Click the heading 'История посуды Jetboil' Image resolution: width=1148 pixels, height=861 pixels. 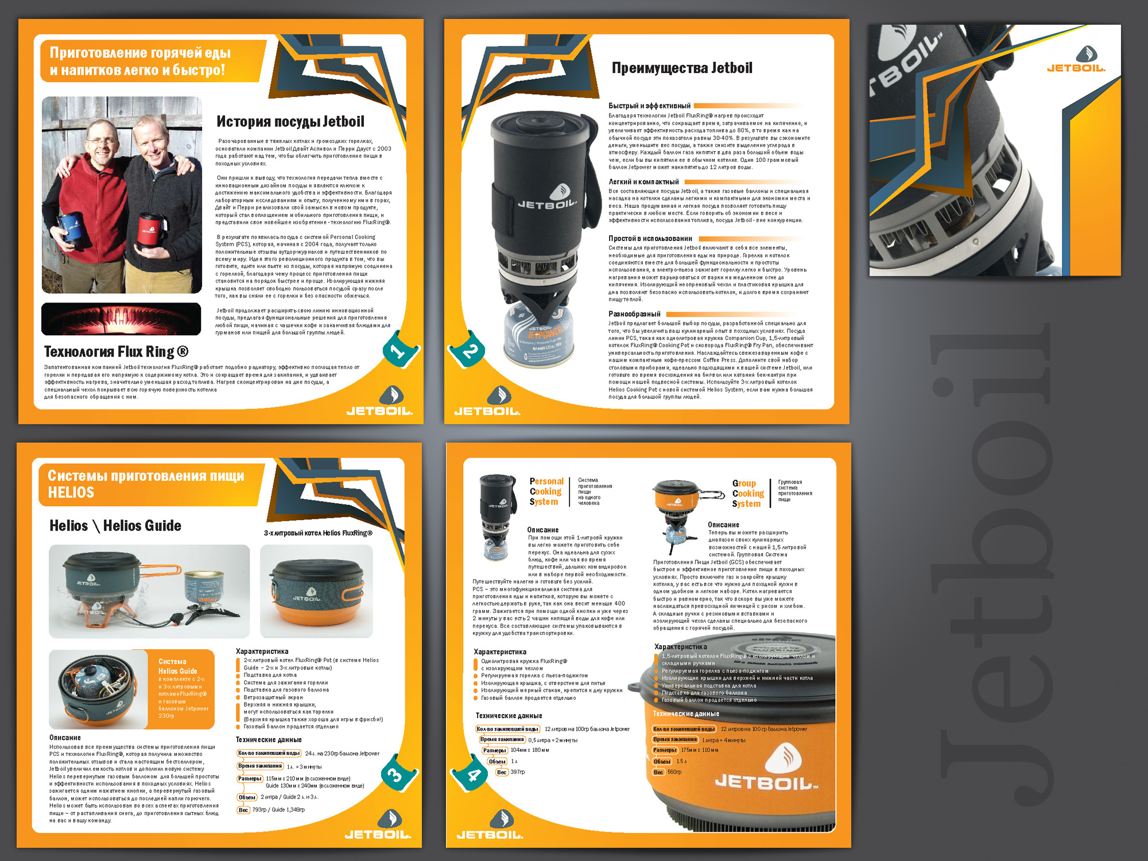click(290, 122)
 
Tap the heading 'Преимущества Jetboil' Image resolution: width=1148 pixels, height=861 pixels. click(681, 68)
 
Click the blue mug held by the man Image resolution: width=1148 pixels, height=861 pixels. click(71, 227)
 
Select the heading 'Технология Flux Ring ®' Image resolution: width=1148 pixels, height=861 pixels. click(116, 351)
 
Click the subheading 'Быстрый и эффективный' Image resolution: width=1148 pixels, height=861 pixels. click(649, 106)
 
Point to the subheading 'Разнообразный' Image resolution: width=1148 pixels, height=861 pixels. click(634, 314)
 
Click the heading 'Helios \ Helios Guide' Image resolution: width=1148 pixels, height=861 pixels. click(115, 525)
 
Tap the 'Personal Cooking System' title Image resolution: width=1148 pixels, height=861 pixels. click(546, 491)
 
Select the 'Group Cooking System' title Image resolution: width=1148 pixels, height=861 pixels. click(747, 494)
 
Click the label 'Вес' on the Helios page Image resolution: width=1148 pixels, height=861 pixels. click(243, 810)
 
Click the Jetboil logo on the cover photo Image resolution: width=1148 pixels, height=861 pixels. click(1076, 60)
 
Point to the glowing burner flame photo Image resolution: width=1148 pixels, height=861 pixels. click(121, 319)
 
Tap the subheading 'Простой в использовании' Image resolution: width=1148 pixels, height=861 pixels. click(650, 238)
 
